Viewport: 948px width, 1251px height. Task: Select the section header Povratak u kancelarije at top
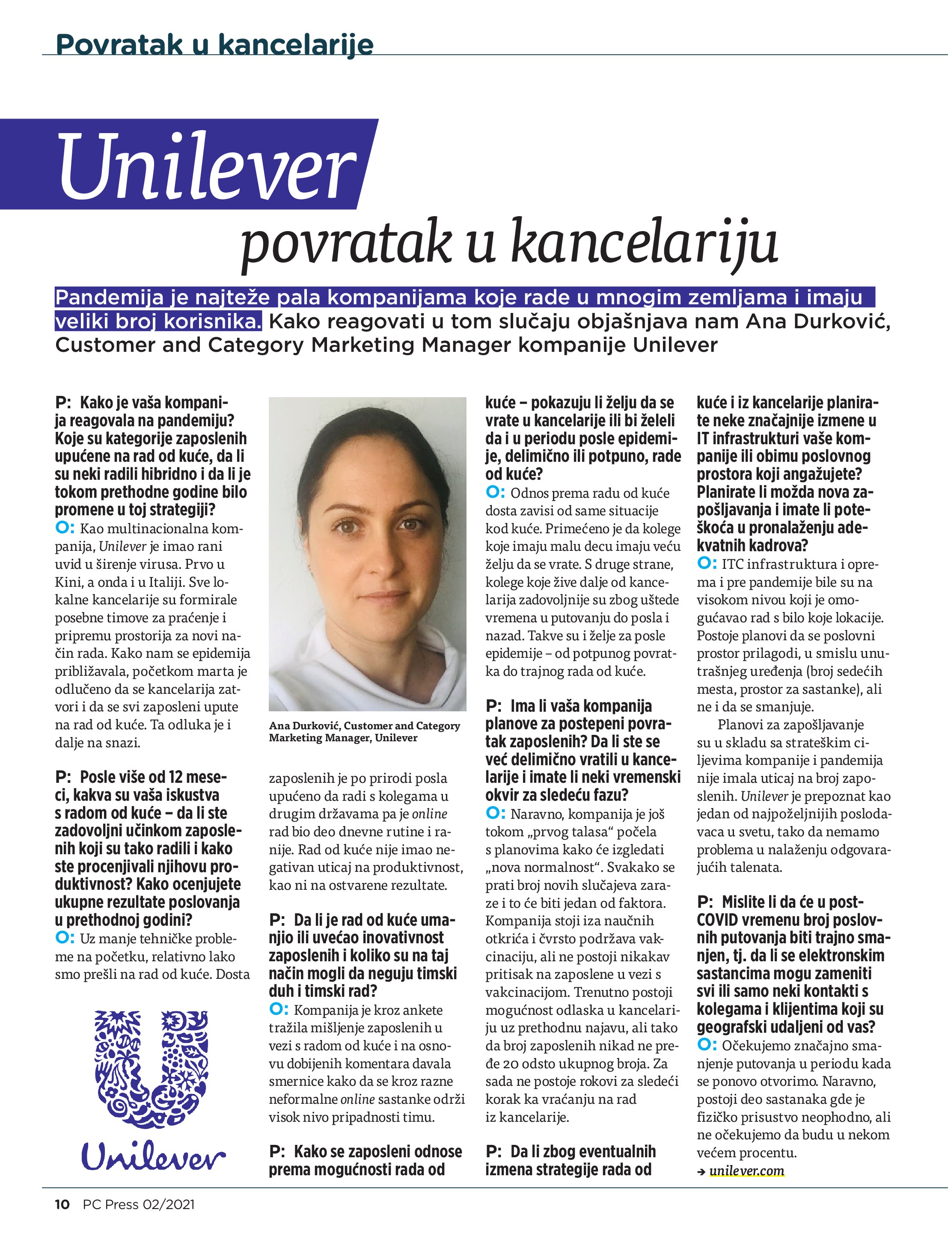215,44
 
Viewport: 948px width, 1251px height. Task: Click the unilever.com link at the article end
747,1171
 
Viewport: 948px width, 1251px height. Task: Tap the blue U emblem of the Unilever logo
151,1071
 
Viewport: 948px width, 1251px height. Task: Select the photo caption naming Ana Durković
364,731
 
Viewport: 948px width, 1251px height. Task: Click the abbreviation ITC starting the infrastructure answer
734,564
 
